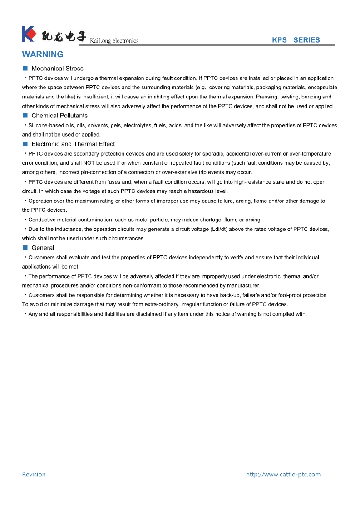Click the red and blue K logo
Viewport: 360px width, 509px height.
coord(29,34)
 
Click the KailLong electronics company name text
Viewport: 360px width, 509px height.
coord(114,41)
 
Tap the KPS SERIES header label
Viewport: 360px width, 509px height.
coord(296,40)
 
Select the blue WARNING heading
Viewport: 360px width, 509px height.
coord(43,54)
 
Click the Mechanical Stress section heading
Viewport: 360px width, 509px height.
coord(57,69)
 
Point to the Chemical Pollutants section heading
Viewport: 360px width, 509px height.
coord(59,116)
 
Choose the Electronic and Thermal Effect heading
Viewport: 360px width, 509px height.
coord(73,144)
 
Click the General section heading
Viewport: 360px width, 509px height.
coord(43,248)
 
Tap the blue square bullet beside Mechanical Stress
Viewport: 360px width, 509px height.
coord(25,69)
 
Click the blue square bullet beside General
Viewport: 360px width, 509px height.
coord(25,248)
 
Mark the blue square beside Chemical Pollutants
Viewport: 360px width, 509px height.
coord(25,116)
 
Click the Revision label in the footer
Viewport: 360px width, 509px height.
coord(34,475)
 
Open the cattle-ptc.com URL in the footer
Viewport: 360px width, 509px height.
coord(283,475)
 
